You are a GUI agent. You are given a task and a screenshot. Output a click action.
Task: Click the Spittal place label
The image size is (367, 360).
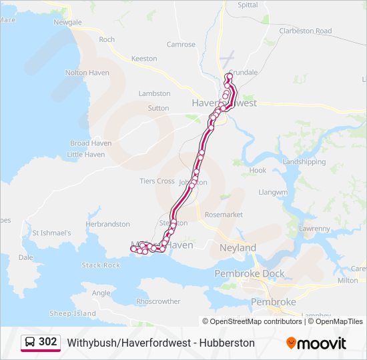pyautogui.click(x=248, y=5)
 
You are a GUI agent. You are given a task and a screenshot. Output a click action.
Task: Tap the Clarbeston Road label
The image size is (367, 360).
pyautogui.click(x=306, y=31)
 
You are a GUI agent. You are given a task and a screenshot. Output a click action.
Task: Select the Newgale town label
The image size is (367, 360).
pyautogui.click(x=67, y=22)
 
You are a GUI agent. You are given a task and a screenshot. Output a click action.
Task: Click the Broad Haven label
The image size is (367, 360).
pyautogui.click(x=91, y=143)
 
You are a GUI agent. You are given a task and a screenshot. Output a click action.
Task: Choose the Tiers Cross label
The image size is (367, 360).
pyautogui.click(x=157, y=181)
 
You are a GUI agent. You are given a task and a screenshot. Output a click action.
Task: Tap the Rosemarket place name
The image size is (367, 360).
pyautogui.click(x=224, y=215)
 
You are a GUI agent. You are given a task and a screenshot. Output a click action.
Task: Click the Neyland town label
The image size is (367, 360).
pyautogui.click(x=238, y=248)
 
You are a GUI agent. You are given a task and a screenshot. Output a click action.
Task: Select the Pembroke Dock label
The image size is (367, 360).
pyautogui.click(x=249, y=273)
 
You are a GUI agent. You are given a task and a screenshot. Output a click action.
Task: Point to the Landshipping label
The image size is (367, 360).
pyautogui.click(x=304, y=162)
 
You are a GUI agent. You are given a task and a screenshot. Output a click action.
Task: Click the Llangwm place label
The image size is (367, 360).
pyautogui.click(x=272, y=192)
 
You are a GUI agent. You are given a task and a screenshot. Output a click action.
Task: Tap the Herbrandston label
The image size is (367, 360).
pyautogui.click(x=107, y=225)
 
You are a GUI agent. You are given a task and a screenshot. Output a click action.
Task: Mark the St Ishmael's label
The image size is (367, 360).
pyautogui.click(x=51, y=233)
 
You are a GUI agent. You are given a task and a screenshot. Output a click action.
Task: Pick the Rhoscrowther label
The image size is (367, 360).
pyautogui.click(x=158, y=301)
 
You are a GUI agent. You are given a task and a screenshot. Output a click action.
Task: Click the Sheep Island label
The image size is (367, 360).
pyautogui.click(x=73, y=313)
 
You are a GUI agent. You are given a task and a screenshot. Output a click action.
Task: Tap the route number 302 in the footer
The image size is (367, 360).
pyautogui.click(x=48, y=342)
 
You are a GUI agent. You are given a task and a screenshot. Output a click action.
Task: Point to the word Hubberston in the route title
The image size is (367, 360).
pyautogui.click(x=226, y=343)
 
